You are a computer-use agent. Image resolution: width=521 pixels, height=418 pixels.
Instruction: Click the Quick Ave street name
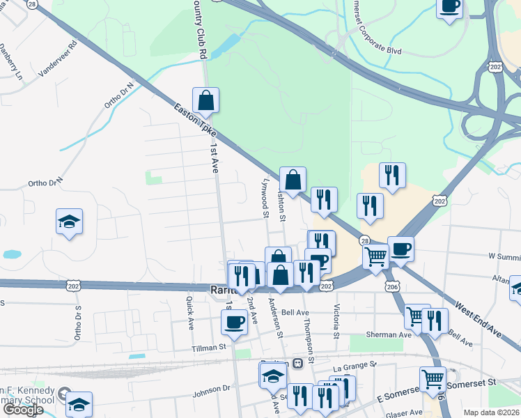[189, 312]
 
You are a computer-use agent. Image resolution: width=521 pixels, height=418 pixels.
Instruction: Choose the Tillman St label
[210, 346]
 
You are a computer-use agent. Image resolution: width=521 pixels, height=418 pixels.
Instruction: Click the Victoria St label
[336, 318]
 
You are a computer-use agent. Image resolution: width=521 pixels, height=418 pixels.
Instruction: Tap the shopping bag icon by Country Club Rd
[205, 101]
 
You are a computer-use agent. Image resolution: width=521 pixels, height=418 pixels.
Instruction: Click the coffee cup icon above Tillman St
[234, 322]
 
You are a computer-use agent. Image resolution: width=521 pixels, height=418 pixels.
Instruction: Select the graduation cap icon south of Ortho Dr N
[69, 222]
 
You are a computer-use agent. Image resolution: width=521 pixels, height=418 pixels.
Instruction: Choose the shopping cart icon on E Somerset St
[433, 380]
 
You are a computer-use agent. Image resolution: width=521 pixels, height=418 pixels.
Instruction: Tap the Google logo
[22, 410]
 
